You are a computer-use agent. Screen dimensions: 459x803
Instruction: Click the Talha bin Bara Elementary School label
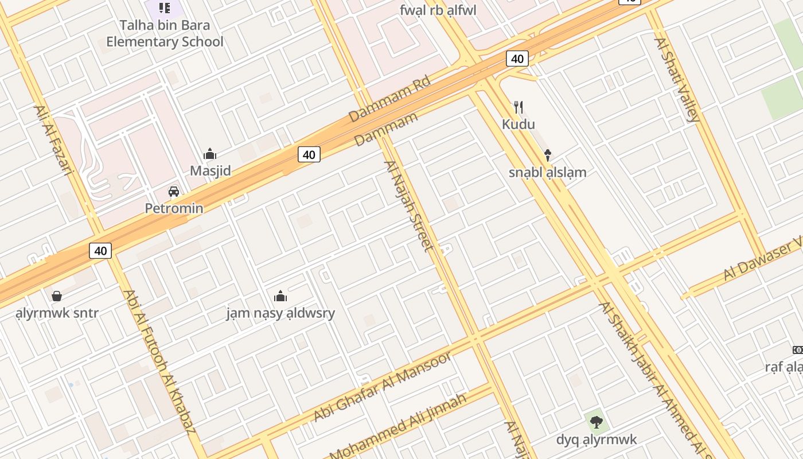(165, 33)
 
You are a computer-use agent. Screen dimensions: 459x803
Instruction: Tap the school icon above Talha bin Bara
(165, 8)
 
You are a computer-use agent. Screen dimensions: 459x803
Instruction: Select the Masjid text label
(211, 170)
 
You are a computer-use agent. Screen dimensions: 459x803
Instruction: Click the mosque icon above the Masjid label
(210, 154)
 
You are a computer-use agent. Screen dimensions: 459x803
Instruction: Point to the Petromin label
(174, 208)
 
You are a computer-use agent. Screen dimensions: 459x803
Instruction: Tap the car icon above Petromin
(173, 191)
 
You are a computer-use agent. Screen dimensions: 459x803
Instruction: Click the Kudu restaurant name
(518, 124)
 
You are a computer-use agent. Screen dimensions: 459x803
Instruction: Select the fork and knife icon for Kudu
(519, 107)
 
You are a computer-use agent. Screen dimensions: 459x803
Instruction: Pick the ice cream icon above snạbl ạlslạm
(548, 155)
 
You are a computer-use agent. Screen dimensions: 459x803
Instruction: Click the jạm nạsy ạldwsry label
(280, 313)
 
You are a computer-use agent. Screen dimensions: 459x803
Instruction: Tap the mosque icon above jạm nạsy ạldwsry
(280, 296)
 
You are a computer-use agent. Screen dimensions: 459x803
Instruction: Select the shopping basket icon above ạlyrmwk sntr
(57, 296)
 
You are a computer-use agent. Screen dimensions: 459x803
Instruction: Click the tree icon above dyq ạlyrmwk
(597, 423)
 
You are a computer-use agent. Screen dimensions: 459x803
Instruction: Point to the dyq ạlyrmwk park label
(597, 439)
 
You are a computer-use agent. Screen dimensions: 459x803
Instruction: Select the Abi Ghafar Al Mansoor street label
(383, 387)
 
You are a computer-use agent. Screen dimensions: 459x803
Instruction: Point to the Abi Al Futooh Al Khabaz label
(159, 361)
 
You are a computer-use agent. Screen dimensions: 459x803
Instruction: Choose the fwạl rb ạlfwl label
(438, 10)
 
